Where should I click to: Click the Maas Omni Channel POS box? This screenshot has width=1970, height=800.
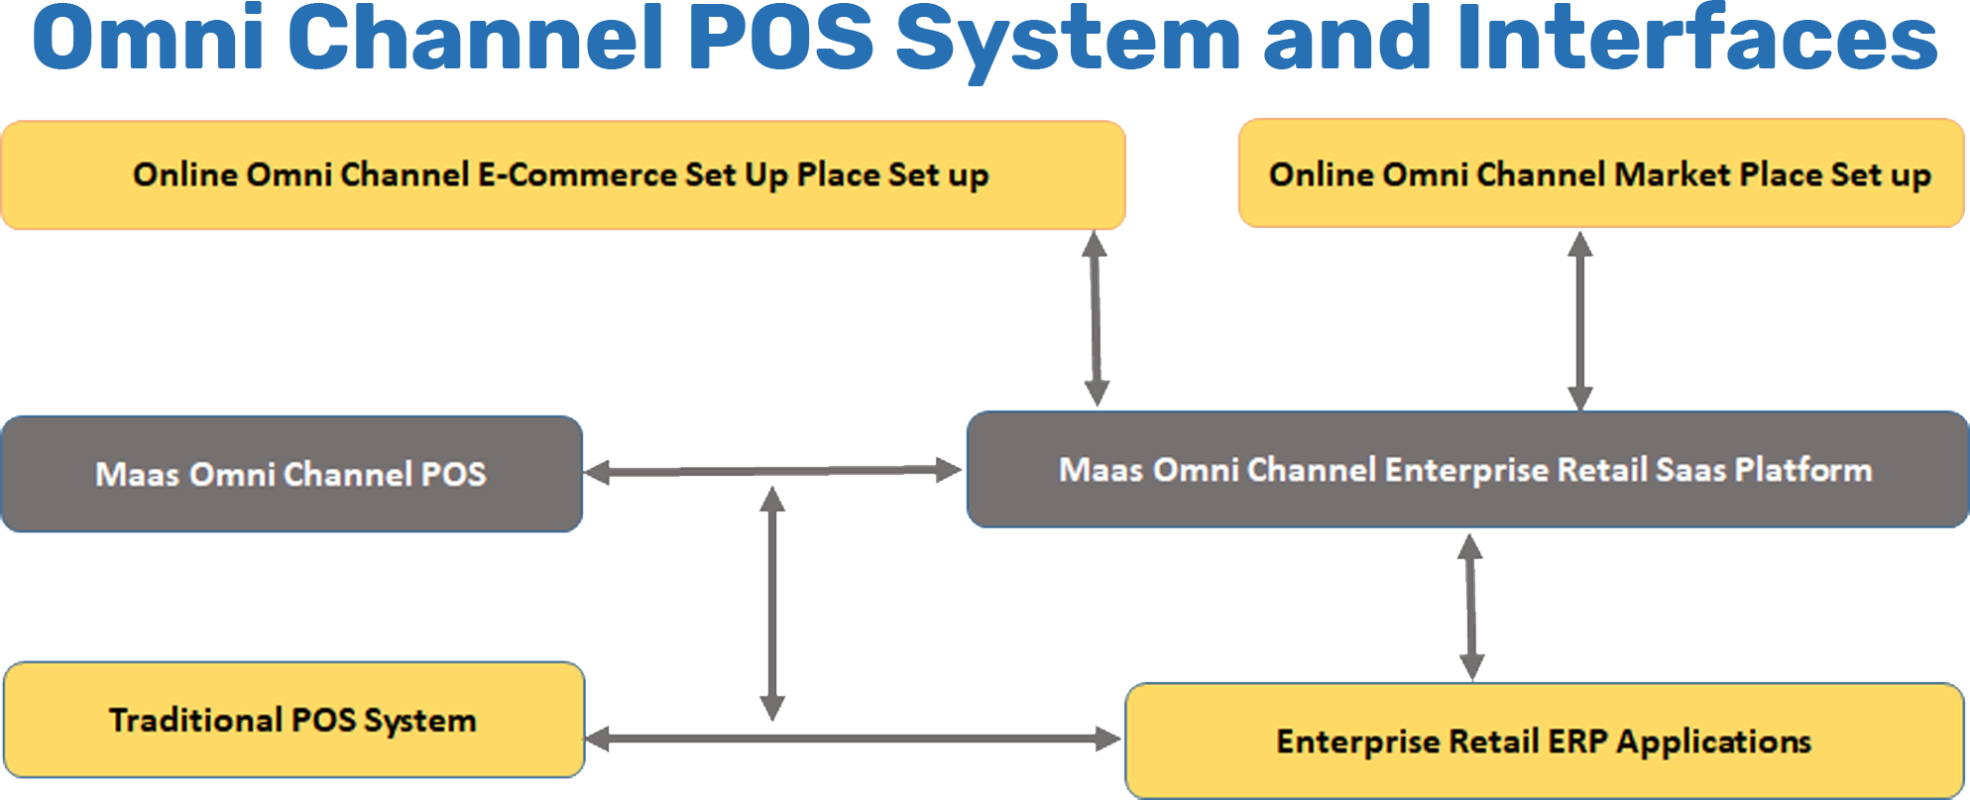click(x=291, y=474)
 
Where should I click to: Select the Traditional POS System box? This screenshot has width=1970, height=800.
click(x=293, y=720)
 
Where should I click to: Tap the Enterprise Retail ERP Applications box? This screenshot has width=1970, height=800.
click(x=1544, y=741)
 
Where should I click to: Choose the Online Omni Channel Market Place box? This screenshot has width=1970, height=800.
click(x=1600, y=174)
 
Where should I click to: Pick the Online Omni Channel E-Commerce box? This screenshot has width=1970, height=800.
click(x=562, y=175)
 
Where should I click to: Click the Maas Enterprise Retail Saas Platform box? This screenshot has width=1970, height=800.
click(x=1466, y=470)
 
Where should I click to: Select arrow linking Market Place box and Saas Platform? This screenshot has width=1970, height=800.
click(x=1579, y=319)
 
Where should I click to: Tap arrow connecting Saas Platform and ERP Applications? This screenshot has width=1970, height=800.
click(x=1471, y=606)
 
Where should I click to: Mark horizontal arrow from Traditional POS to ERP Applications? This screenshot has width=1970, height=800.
click(x=853, y=739)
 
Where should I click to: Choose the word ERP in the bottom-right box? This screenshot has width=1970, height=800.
click(x=1578, y=742)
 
